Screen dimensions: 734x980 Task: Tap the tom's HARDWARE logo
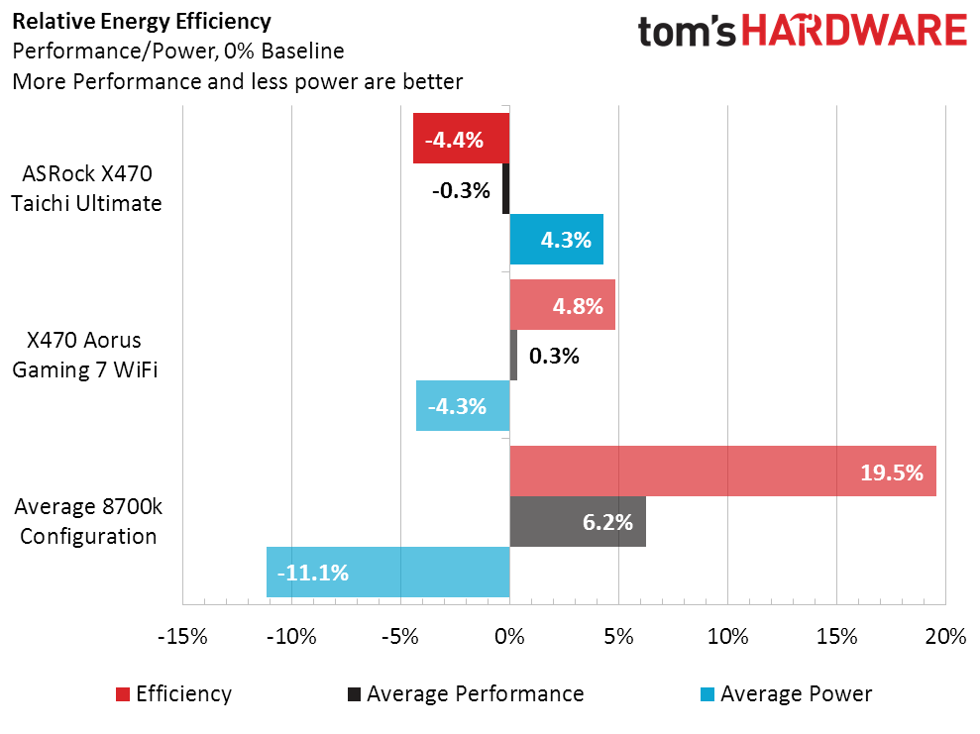[802, 31]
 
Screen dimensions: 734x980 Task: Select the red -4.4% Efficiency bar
[461, 139]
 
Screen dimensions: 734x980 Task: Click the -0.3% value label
[461, 190]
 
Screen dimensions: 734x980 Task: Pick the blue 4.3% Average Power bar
[556, 240]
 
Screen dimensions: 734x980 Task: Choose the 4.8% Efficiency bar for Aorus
[562, 305]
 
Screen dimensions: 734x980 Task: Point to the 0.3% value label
[554, 356]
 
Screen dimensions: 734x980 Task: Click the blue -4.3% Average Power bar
[463, 406]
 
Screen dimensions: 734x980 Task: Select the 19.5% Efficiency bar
[722, 472]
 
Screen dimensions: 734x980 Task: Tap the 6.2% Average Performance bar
[578, 522]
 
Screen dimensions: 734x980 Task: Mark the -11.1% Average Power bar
[387, 573]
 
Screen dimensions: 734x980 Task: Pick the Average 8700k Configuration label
[87, 522]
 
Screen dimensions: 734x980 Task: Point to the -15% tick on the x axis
[183, 637]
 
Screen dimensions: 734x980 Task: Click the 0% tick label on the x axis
[509, 637]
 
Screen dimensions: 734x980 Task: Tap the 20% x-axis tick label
[944, 637]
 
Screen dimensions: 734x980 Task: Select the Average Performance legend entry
[465, 694]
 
